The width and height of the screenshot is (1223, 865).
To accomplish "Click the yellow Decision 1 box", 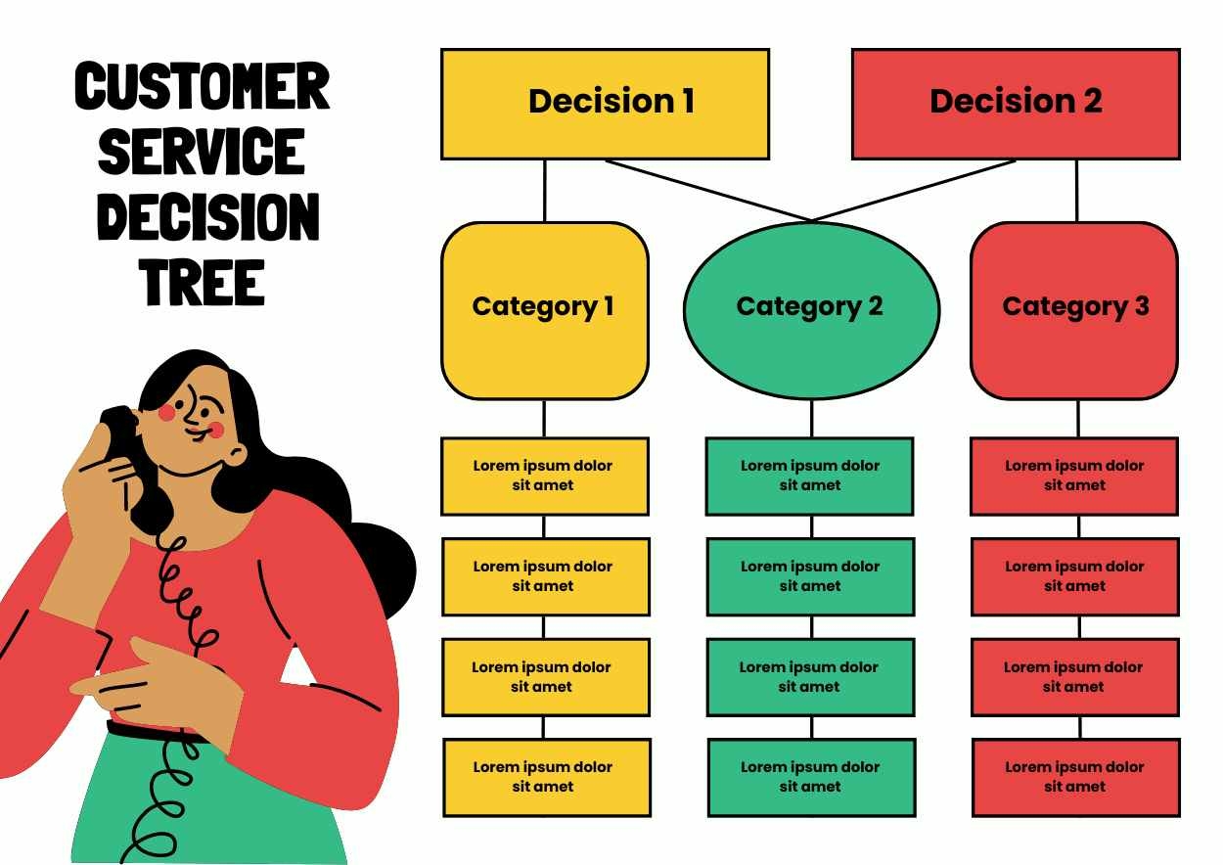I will click(x=605, y=104).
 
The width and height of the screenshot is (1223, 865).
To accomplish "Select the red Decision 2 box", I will click(x=1016, y=104).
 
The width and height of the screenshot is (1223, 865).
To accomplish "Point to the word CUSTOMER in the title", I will click(x=202, y=86).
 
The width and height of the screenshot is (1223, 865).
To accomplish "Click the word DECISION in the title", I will click(x=207, y=216).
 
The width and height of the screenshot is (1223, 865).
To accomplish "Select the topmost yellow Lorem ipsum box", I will click(x=544, y=476).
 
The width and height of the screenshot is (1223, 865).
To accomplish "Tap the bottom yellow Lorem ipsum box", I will click(x=546, y=777).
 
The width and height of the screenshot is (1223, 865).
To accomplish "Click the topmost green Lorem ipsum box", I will click(x=809, y=476).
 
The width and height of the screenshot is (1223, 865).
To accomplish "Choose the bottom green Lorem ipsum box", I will click(x=811, y=777).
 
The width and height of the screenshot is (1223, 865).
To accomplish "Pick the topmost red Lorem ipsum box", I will click(x=1074, y=476).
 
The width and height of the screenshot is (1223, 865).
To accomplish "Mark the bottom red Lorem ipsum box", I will click(x=1075, y=777).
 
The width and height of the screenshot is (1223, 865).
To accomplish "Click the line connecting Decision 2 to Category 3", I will click(x=1077, y=191).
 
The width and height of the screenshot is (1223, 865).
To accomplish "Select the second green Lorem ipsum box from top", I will click(x=810, y=576).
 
